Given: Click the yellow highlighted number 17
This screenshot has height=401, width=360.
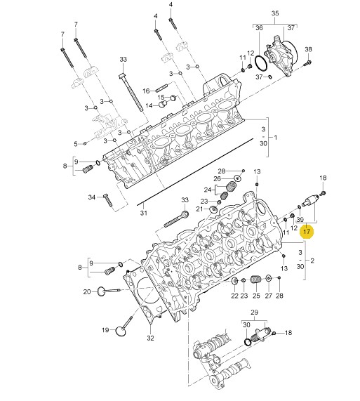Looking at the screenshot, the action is tap(307, 231).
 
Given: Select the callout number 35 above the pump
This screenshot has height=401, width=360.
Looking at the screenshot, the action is tap(274, 13).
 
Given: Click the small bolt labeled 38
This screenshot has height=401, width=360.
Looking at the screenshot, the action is tap(307, 63).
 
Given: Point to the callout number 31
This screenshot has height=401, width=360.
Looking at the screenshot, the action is tap(76, 144).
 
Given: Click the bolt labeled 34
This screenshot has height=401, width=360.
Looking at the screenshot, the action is tap(108, 200).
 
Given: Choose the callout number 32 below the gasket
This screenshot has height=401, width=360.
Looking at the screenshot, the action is tap(150, 338).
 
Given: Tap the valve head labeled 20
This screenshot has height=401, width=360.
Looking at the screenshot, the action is tap(102, 291).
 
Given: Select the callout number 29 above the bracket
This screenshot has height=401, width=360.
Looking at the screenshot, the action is tap(254, 313).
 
